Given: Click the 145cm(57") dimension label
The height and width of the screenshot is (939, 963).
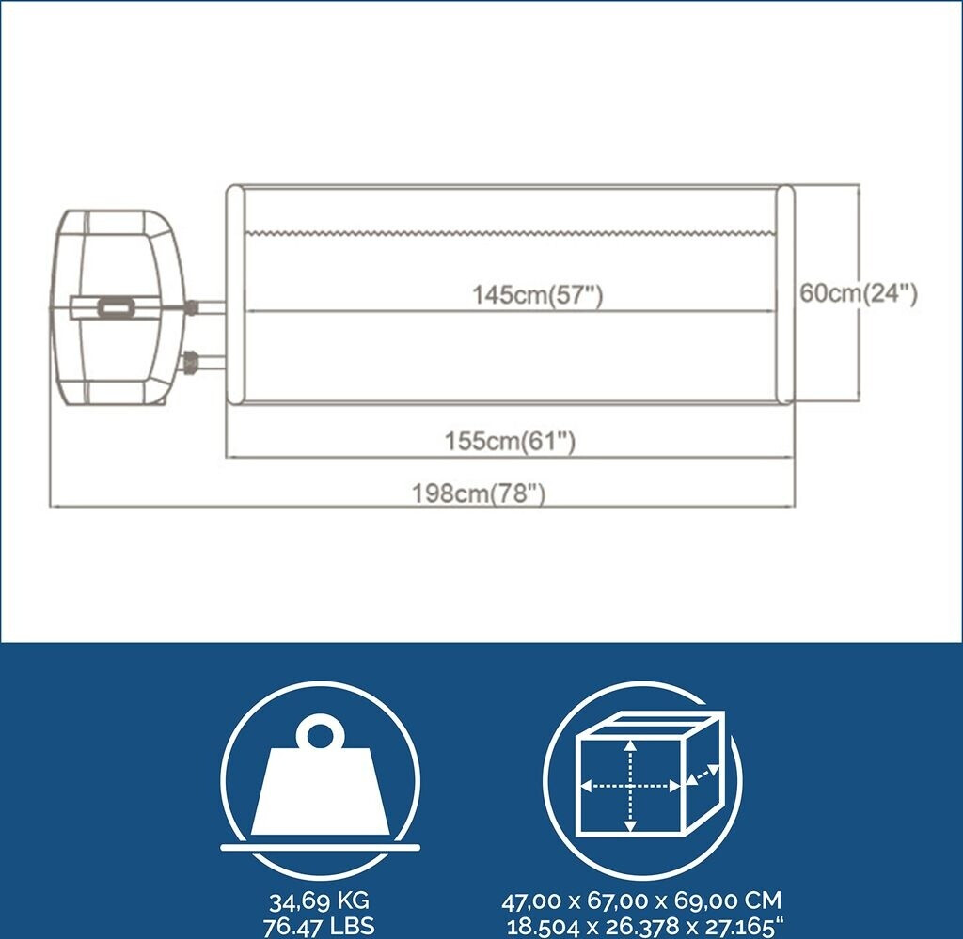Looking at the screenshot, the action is tap(537, 295).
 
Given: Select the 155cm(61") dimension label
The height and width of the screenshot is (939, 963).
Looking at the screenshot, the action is tap(510, 442).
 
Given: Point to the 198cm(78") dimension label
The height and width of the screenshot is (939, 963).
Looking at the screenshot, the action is tap(479, 492).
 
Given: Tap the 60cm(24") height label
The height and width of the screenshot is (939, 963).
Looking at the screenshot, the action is tap(859, 293).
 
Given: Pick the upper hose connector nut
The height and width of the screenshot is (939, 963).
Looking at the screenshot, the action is tap(192, 307).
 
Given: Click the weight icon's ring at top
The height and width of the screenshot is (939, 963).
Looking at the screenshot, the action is tap(319, 732).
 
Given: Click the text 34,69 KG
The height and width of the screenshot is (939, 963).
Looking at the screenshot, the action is tap(321, 901).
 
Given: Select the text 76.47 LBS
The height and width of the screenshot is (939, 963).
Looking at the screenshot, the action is tap(321, 926).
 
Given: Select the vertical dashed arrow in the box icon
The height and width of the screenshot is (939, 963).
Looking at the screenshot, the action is tap(631, 784).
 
